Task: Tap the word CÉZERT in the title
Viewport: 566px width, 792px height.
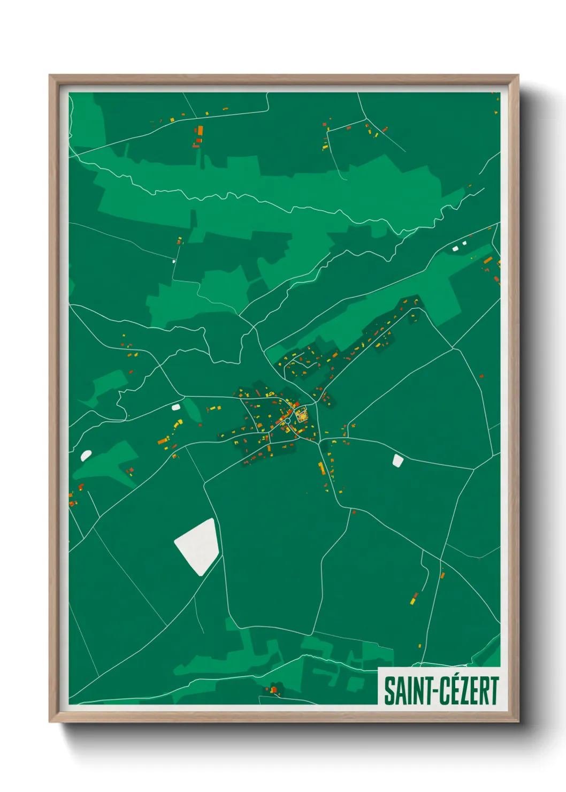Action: pyautogui.click(x=469, y=691)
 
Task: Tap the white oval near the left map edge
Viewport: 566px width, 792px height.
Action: pyautogui.click(x=86, y=455)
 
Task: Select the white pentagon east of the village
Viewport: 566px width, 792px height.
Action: pyautogui.click(x=397, y=460)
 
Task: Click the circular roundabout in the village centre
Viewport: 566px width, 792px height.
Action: pyautogui.click(x=287, y=421)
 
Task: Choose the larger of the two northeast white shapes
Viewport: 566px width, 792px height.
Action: pyautogui.click(x=456, y=248)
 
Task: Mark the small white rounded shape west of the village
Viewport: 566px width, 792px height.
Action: pyautogui.click(x=175, y=407)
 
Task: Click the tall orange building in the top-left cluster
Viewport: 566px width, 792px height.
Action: pyautogui.click(x=201, y=130)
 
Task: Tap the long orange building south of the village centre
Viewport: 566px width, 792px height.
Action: pyautogui.click(x=322, y=469)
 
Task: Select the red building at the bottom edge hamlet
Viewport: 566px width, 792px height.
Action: pyautogui.click(x=273, y=690)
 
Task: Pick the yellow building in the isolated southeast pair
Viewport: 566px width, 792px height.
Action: pyautogui.click(x=412, y=601)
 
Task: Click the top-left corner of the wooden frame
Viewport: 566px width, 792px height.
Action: pyautogui.click(x=50, y=76)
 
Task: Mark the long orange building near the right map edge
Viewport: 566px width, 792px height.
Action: pyautogui.click(x=488, y=260)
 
